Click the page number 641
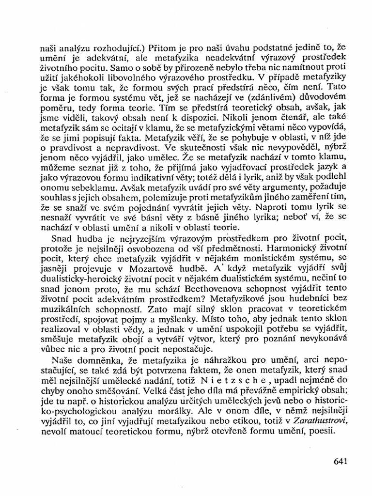(341, 461)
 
